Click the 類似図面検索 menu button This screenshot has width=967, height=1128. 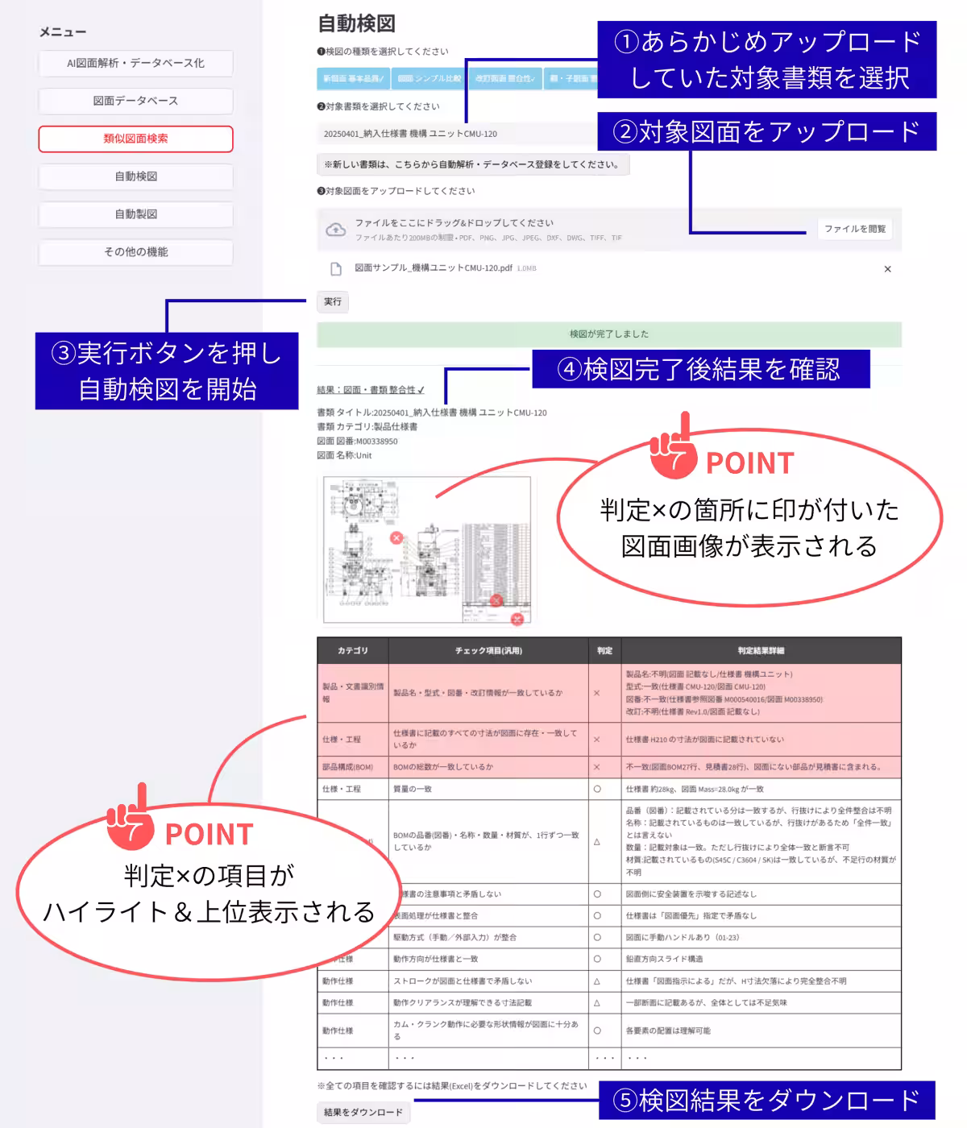click(x=135, y=139)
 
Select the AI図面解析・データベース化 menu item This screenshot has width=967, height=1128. click(x=135, y=63)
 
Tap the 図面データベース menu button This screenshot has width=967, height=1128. click(x=135, y=101)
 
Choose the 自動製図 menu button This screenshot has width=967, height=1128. click(x=135, y=214)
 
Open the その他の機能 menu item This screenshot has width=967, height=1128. click(x=135, y=252)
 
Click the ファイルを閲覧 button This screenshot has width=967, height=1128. click(x=854, y=229)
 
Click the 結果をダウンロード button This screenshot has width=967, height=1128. click(x=363, y=1113)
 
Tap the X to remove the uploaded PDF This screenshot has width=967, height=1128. click(x=887, y=269)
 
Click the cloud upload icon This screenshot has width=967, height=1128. click(x=335, y=230)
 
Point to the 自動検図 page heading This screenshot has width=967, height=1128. click(x=356, y=23)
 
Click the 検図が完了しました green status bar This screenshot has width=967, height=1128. click(x=608, y=334)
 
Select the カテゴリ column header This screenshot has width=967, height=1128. click(x=352, y=650)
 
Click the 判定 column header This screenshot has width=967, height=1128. click(x=604, y=650)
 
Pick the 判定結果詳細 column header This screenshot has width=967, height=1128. click(x=760, y=650)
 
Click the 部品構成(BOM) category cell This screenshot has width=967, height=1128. click(x=347, y=767)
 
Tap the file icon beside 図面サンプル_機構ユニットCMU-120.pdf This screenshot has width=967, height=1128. click(x=336, y=269)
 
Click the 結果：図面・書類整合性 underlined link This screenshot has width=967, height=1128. click(x=370, y=390)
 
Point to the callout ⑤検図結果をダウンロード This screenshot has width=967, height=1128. click(x=766, y=1101)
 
